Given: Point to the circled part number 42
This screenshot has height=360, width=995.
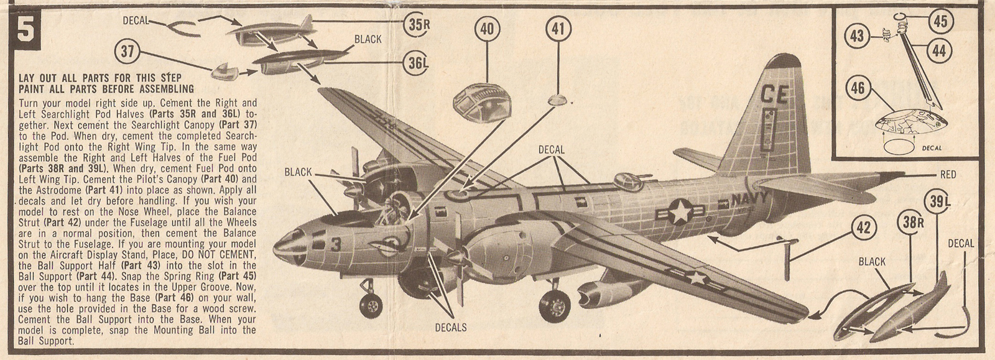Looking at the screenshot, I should click(x=863, y=228).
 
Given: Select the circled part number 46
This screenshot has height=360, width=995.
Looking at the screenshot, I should click(x=858, y=88).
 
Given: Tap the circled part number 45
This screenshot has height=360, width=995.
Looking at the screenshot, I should click(x=940, y=21).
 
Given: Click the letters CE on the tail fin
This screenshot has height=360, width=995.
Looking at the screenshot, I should click(x=774, y=95).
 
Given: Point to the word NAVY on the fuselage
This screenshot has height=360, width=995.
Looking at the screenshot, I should click(x=749, y=200).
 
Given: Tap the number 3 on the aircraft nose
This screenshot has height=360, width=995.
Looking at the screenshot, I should click(x=336, y=245).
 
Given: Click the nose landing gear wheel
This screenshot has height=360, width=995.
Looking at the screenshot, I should click(x=371, y=305).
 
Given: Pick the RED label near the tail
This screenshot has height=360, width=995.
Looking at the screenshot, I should click(x=948, y=175).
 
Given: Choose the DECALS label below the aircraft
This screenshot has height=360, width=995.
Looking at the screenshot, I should click(x=451, y=327).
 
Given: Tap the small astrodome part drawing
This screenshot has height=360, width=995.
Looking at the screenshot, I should click(x=558, y=99).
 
